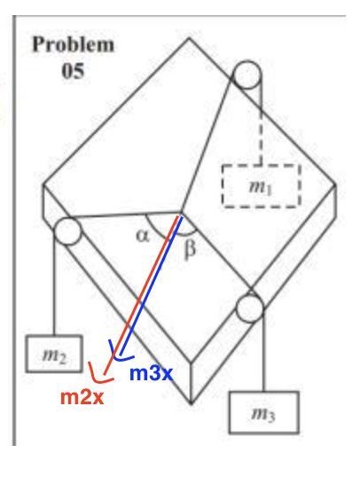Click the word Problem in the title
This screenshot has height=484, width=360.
click(74, 44)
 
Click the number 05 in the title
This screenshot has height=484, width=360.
click(73, 71)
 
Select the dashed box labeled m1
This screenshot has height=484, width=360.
click(261, 185)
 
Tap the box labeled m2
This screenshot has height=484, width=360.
click(54, 354)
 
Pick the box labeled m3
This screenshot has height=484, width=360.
click(264, 413)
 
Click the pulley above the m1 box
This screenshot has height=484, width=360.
click(247, 74)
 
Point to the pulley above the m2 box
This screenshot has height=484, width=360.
click(67, 231)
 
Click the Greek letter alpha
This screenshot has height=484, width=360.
click(143, 237)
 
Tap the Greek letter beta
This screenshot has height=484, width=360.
click(190, 249)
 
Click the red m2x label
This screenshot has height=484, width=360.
click(82, 397)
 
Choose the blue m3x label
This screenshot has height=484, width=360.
click(151, 373)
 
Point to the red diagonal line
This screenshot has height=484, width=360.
click(141, 295)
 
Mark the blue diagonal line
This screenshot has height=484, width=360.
click(151, 285)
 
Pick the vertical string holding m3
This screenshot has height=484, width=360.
click(263, 350)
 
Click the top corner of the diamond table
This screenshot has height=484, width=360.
click(189, 38)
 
